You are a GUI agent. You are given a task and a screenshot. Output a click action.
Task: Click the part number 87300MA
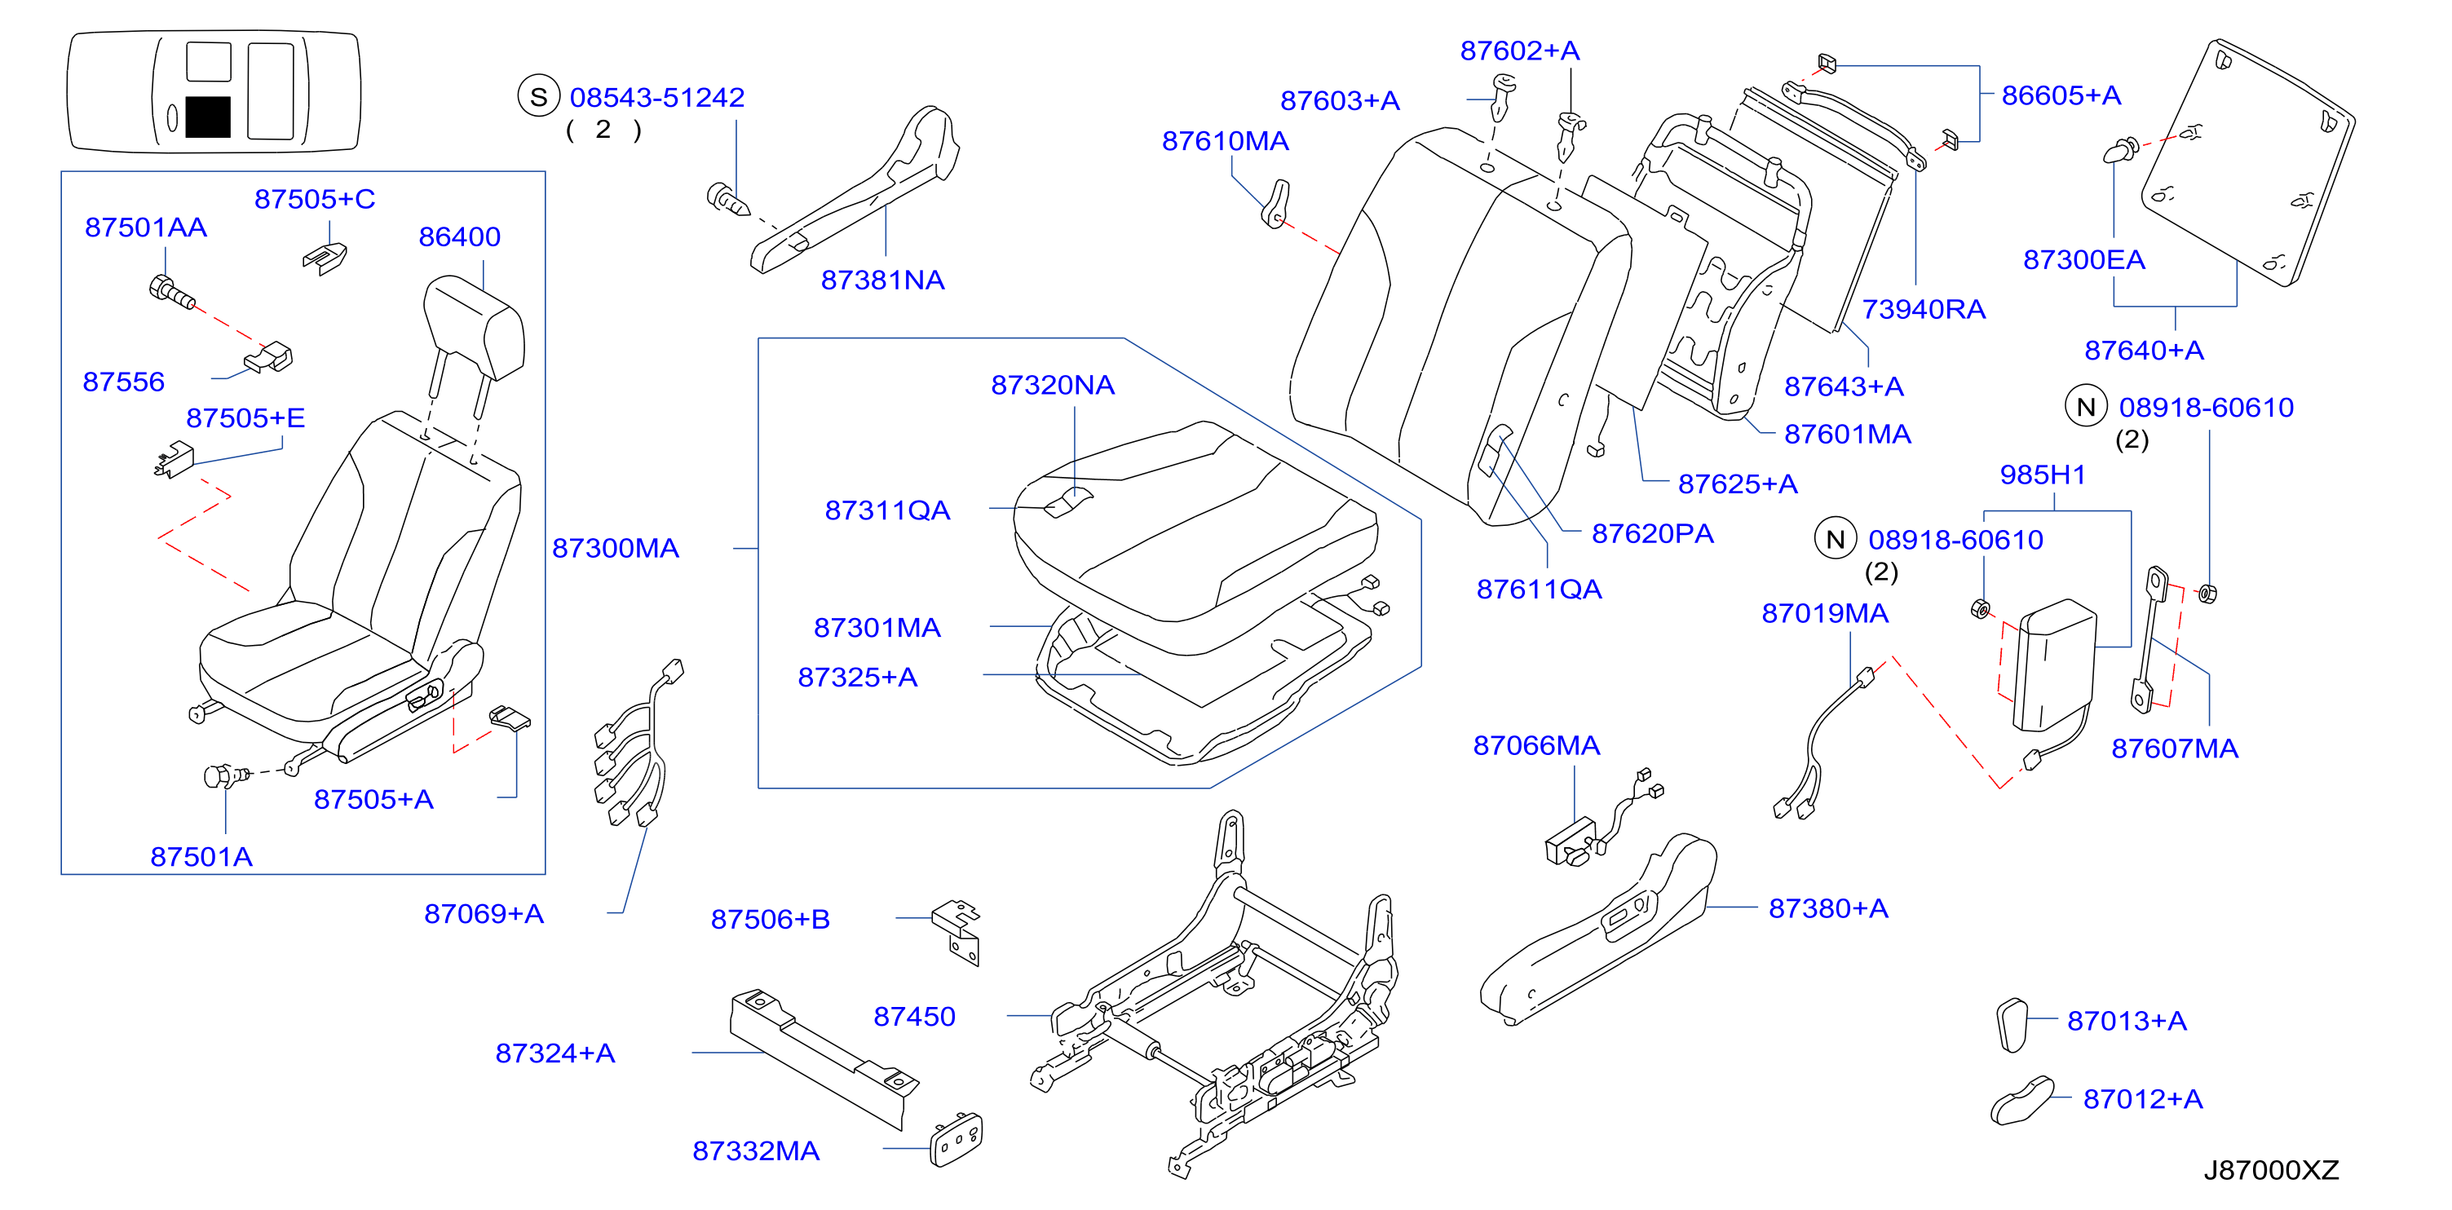[615, 549]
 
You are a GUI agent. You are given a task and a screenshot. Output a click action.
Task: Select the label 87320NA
[1052, 385]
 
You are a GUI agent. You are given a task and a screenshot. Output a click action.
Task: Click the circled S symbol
[538, 97]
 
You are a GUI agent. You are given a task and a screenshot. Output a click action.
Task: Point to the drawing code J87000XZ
[2271, 1170]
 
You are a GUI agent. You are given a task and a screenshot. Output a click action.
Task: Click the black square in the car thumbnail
[207, 117]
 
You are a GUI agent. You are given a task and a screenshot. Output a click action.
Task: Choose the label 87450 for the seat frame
[914, 1017]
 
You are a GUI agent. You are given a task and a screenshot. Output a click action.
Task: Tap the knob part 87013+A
[2012, 1025]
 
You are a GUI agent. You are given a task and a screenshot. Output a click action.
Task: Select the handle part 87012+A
[2021, 1102]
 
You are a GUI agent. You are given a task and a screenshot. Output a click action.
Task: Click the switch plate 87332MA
[956, 1140]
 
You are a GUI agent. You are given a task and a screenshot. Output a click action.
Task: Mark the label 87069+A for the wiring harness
[484, 914]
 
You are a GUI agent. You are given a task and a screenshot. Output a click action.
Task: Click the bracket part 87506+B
[957, 932]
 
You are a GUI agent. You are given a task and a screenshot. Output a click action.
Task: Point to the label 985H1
[2043, 475]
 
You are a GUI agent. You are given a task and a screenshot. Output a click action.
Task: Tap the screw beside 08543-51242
[728, 199]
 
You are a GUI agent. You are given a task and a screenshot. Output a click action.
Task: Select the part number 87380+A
[1827, 908]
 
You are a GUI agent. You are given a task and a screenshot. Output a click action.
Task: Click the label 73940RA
[1923, 309]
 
